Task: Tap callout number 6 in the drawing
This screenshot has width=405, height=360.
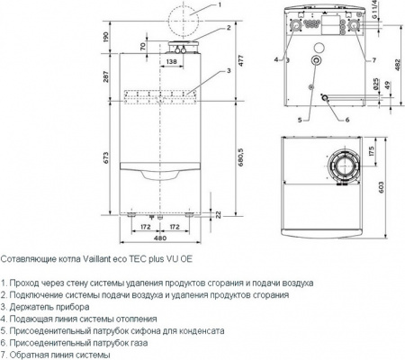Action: tap(346, 118)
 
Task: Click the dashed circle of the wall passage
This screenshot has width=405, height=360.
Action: tap(171, 18)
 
